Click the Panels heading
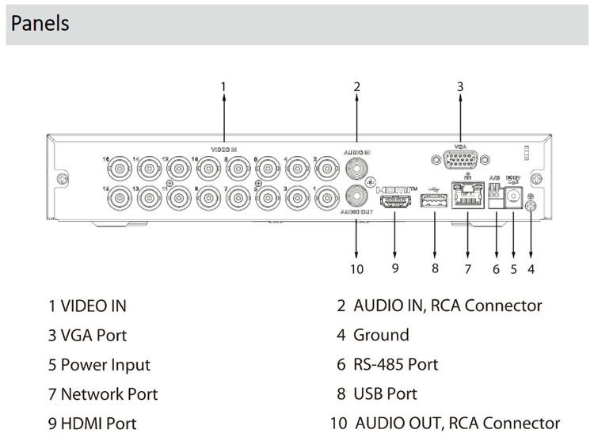coord(40,23)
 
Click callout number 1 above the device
coord(223,85)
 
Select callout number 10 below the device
coord(356,269)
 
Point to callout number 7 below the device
coord(467,269)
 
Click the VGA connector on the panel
coord(459,162)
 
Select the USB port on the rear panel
coord(435,203)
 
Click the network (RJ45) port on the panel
coord(467,194)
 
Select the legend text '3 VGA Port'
coord(87,335)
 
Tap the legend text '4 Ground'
coord(372,335)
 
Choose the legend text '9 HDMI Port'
coord(92,424)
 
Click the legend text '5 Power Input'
coord(99,365)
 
